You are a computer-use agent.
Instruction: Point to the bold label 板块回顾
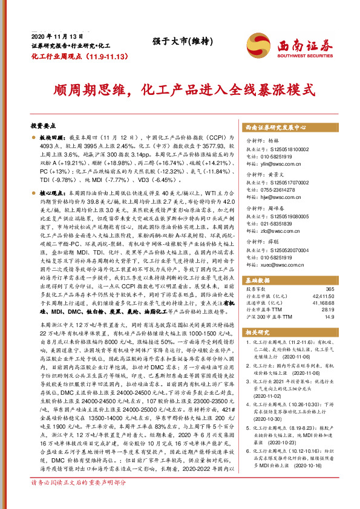pyautogui.click(x=51, y=138)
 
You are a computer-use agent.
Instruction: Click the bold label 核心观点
pyautogui.click(x=51, y=191)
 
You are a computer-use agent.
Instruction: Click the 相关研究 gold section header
pyautogui.click(x=259, y=332)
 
